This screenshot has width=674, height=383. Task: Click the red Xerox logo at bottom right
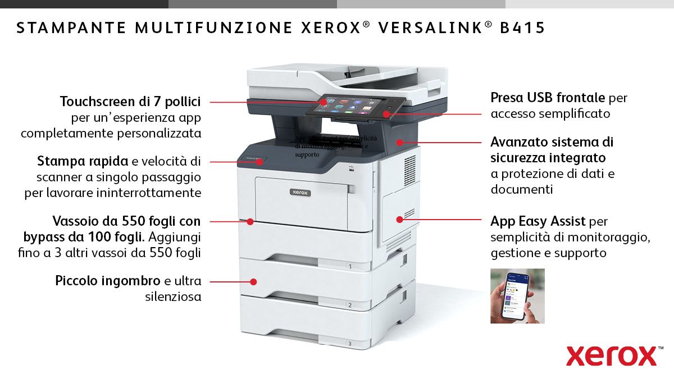click(611, 355)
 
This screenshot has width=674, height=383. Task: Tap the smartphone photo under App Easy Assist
click(517, 295)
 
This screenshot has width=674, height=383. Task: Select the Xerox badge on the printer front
click(300, 192)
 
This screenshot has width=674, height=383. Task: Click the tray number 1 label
click(350, 267)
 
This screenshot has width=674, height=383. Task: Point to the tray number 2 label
click(350, 306)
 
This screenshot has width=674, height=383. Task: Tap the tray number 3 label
click(350, 343)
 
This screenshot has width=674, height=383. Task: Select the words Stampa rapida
click(83, 161)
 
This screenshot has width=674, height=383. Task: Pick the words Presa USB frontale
click(548, 98)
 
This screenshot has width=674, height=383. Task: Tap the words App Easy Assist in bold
click(538, 221)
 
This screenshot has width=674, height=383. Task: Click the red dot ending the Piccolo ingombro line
click(254, 281)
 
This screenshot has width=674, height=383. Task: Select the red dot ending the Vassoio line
click(251, 222)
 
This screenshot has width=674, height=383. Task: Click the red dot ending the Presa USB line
click(387, 113)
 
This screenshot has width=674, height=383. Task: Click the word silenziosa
click(173, 297)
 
